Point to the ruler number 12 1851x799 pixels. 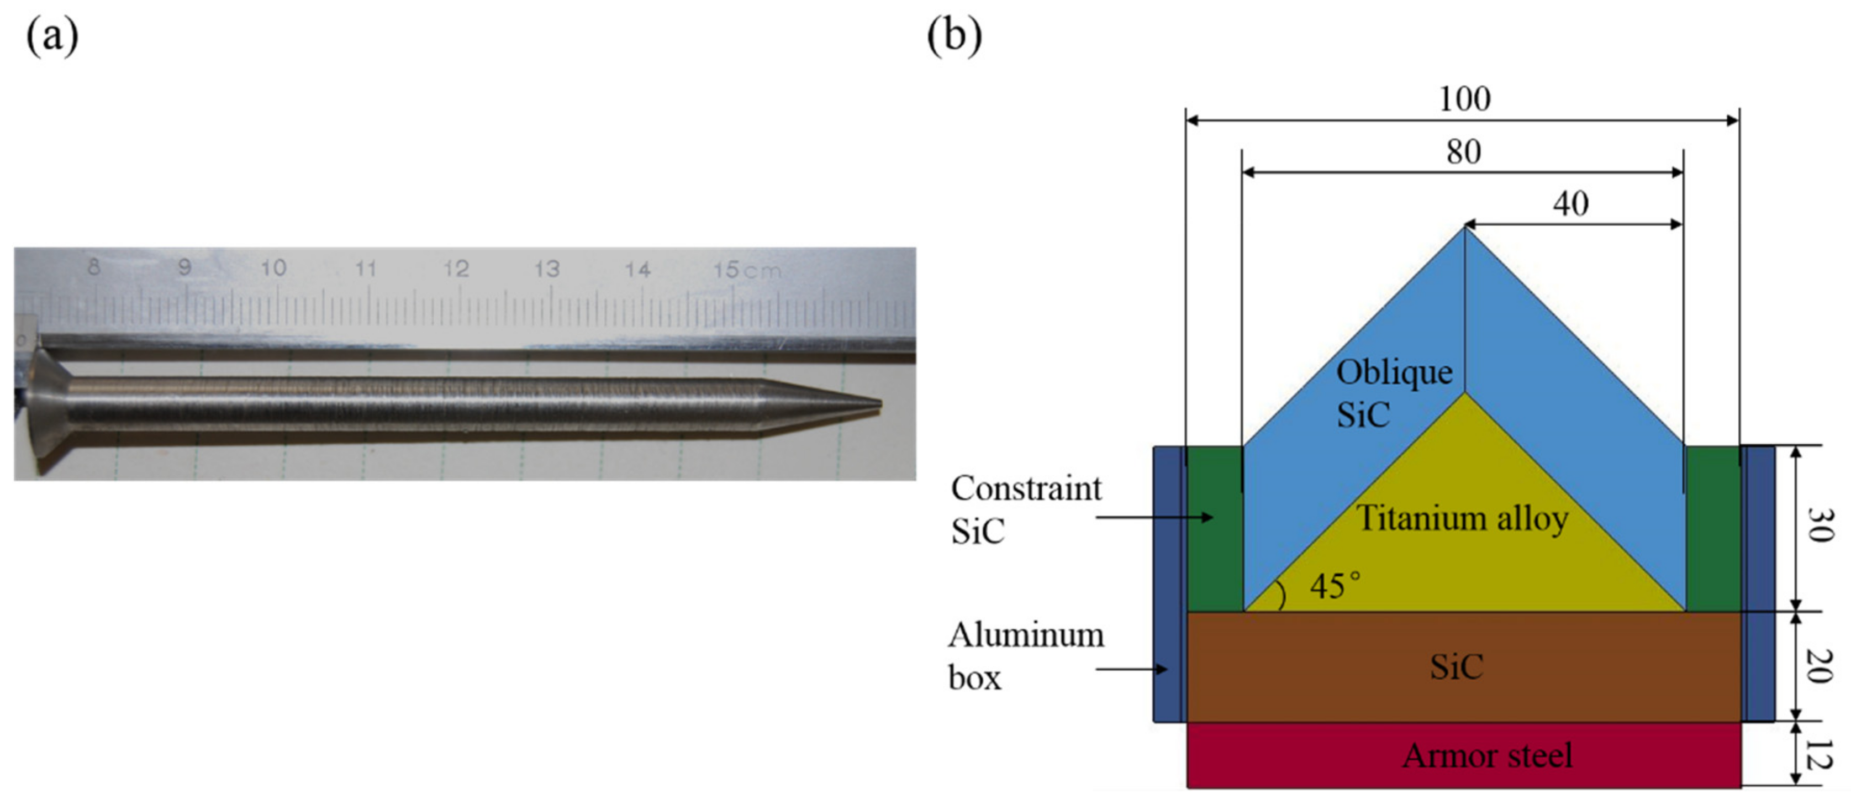[x=456, y=269]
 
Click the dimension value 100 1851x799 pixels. [x=1464, y=98]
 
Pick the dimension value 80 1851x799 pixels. [x=1464, y=151]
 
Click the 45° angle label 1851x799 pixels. [x=1335, y=586]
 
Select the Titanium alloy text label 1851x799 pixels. [x=1462, y=518]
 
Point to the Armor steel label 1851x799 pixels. [x=1488, y=756]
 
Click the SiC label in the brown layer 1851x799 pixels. [x=1457, y=667]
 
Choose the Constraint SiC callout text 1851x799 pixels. [x=1025, y=509]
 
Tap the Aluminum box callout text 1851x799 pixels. [x=1025, y=656]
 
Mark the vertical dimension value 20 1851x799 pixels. [x=1820, y=666]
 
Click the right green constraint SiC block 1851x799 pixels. [x=1712, y=528]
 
